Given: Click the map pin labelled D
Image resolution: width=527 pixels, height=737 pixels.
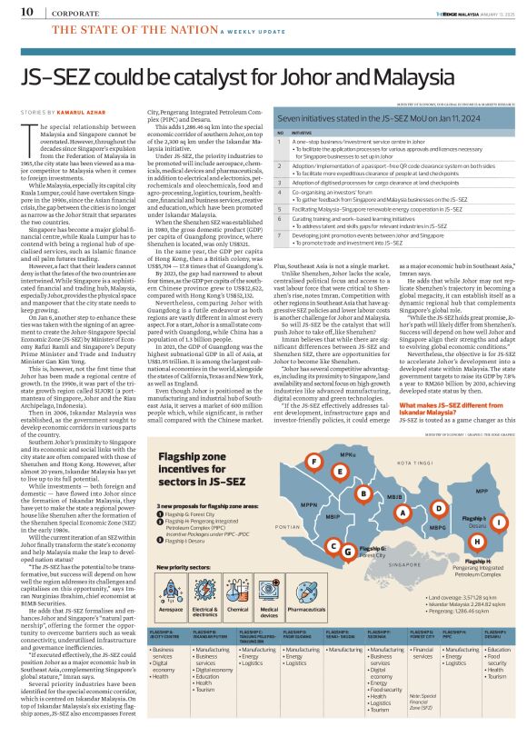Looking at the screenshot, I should tap(439, 483).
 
